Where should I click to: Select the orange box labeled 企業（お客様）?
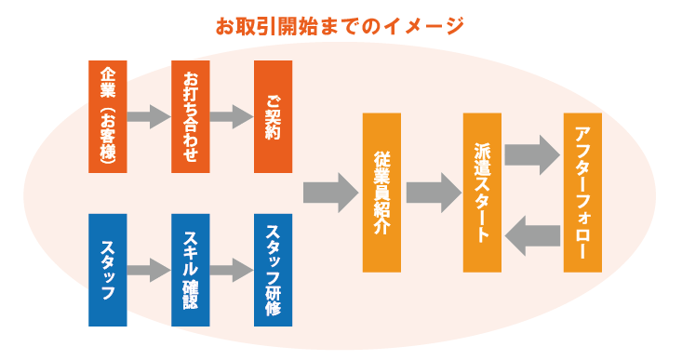point(107,116)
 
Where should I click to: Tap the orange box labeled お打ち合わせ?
point(191,116)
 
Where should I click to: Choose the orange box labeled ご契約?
point(273,116)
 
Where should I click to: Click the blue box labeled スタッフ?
point(107,270)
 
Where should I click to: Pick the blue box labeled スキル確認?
point(191,270)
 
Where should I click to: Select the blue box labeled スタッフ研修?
point(273,270)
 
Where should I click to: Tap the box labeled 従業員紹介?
point(381,193)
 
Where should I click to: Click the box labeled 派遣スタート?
point(482,193)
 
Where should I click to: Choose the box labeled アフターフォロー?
point(583,193)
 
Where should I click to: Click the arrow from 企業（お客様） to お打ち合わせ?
point(149,117)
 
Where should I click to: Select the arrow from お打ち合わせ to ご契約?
point(232,117)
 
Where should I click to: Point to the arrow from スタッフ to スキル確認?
point(149,271)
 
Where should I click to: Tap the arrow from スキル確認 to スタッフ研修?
point(232,271)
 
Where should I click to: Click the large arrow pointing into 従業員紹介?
point(330,193)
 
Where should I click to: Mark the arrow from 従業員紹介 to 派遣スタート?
point(433,193)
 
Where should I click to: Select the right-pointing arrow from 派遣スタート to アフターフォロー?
point(532,155)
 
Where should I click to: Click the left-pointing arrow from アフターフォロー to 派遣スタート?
point(532,233)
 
